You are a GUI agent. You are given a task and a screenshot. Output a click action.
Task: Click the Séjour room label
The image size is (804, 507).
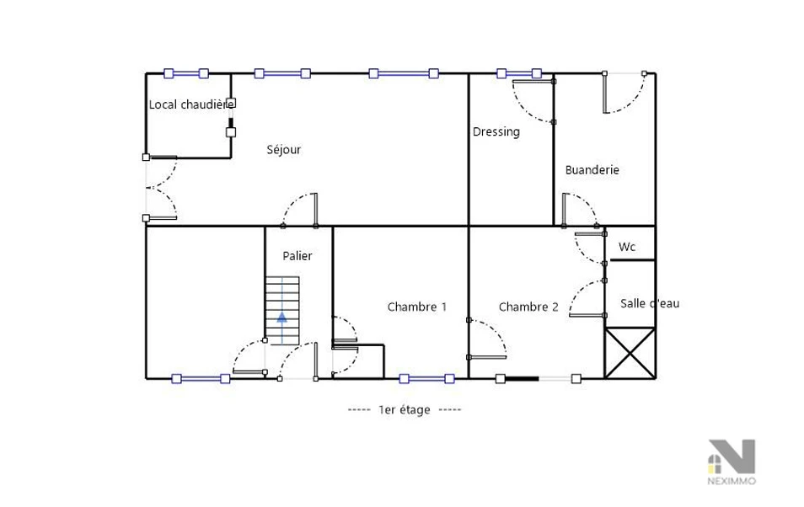283,150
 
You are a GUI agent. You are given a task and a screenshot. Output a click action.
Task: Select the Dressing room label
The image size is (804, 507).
496,131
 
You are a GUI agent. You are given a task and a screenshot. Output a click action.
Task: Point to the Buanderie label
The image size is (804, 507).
592,169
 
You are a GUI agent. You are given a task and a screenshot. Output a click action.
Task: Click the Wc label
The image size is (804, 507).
627,247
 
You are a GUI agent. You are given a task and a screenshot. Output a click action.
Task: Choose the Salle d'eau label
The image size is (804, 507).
650,303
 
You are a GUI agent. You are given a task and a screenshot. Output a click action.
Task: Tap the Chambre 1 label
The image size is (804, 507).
417,307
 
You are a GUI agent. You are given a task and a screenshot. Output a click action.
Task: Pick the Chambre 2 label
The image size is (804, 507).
528,307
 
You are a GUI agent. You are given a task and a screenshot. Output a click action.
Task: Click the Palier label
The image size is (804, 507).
297,255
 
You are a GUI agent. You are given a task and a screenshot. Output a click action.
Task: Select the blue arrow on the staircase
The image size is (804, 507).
282,317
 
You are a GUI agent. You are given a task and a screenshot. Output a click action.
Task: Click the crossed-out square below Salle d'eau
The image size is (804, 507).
630,353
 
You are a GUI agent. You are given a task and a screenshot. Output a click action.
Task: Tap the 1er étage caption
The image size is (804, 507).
404,409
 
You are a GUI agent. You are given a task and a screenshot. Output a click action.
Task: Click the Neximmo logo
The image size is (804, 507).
732,462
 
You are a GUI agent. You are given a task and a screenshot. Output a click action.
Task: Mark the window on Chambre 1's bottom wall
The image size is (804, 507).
426,379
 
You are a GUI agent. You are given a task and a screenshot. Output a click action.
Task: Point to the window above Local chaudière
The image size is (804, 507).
186,73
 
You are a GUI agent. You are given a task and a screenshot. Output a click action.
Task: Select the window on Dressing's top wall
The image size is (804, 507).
519,73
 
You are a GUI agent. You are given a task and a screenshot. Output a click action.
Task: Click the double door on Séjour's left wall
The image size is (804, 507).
161,188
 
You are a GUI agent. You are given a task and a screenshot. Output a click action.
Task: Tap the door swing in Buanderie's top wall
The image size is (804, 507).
624,93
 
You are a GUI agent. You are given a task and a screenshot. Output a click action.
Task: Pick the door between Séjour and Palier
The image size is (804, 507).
299,210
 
